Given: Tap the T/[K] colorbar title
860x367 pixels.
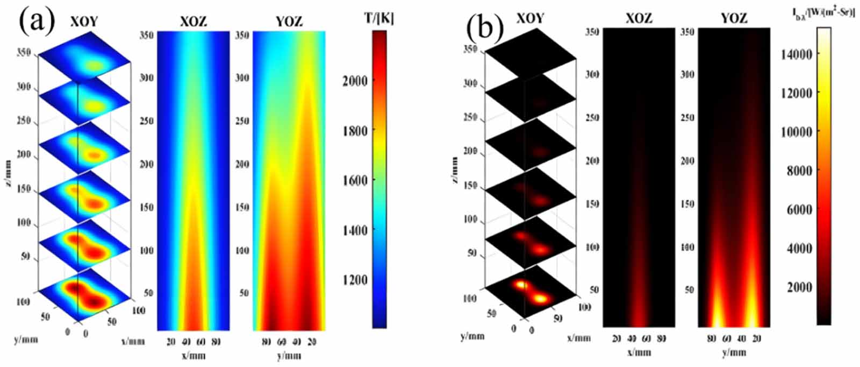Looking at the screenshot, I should [378, 18].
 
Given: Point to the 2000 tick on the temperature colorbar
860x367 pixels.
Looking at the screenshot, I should [355, 81].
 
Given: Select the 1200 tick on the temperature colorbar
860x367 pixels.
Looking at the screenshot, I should [355, 280].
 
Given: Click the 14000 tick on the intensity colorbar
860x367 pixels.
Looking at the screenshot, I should [796, 54].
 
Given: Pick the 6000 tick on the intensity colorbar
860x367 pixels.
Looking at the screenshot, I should [799, 209].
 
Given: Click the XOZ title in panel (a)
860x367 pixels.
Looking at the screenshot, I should [193, 22].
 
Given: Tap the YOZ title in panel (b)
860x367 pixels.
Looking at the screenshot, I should [734, 18].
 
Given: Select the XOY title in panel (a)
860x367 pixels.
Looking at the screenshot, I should [84, 21].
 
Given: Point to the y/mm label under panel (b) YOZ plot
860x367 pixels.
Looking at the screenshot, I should [733, 352].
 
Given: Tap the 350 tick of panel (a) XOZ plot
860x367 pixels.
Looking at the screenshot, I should [147, 35].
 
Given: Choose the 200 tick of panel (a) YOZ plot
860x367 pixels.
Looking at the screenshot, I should [242, 164].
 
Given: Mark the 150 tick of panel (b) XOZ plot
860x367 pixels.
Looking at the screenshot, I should [592, 204].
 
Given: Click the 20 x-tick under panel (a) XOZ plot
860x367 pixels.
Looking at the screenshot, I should [171, 342].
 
